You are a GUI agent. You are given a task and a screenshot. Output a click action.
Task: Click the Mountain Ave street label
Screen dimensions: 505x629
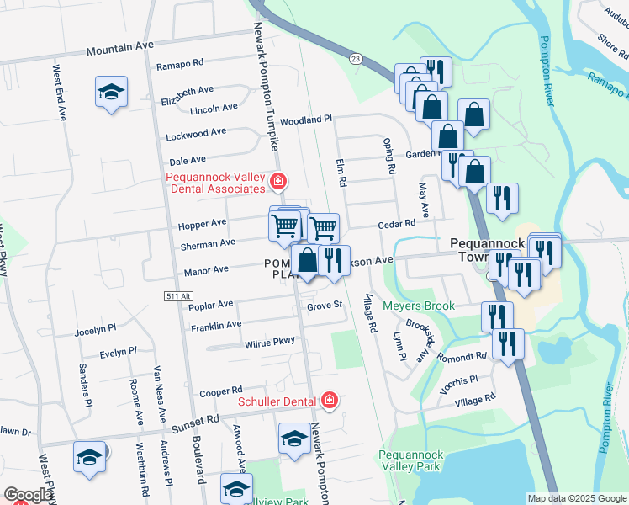click(x=120, y=50)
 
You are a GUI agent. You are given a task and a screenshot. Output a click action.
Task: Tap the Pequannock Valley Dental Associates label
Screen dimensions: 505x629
click(x=216, y=183)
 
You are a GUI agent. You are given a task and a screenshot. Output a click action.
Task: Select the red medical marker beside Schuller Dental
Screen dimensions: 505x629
click(x=329, y=400)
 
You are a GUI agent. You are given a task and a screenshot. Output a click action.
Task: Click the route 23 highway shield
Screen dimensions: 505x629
click(x=356, y=58)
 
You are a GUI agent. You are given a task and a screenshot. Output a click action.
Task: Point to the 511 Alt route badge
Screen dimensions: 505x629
click(x=174, y=296)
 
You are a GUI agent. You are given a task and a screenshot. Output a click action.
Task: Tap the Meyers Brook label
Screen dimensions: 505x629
click(x=418, y=306)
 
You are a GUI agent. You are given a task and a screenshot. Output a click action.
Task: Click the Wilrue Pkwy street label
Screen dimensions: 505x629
click(x=270, y=341)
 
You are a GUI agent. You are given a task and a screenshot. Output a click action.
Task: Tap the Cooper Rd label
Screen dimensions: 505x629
click(x=220, y=391)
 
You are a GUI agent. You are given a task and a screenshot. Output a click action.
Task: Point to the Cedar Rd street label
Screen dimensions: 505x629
click(x=397, y=224)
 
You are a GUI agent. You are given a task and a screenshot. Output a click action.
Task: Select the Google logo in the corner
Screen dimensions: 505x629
click(x=29, y=495)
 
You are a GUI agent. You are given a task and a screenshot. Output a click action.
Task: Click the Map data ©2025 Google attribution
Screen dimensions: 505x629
click(x=577, y=498)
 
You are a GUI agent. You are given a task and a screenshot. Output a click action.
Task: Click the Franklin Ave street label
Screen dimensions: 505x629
click(x=216, y=324)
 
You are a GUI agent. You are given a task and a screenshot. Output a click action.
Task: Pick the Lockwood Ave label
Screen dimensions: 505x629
click(x=196, y=133)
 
